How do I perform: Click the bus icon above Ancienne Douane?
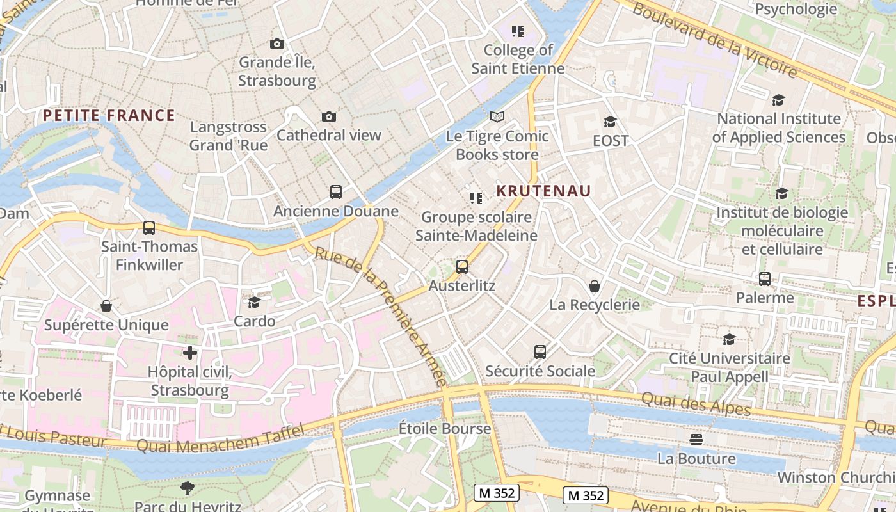(336, 191)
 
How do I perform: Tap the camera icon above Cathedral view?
(329, 116)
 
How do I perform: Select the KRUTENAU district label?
(544, 191)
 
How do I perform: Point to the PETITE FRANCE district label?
(109, 115)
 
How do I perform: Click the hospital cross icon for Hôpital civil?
(189, 352)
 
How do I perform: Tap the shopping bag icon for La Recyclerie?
(595, 285)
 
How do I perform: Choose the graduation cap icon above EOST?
(610, 122)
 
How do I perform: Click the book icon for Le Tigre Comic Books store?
(497, 116)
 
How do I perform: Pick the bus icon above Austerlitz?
(462, 267)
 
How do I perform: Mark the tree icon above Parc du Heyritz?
(188, 488)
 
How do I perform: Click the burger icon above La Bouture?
(696, 440)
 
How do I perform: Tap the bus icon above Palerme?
(765, 279)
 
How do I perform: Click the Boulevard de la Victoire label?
(715, 39)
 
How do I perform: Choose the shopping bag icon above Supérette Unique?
(106, 306)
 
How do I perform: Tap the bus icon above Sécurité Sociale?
(540, 352)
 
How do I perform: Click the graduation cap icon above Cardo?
(255, 302)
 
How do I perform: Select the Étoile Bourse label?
(445, 428)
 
